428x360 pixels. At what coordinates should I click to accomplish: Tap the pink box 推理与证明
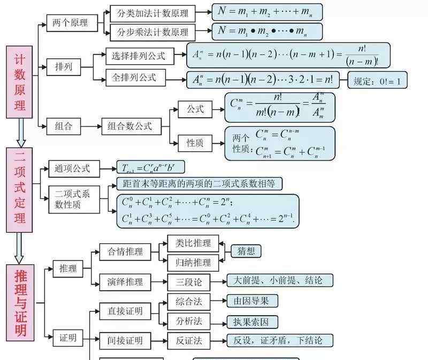pos(20,303)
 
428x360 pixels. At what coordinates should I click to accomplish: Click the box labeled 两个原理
pos(71,22)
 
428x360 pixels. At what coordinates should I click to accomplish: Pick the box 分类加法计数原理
pos(152,12)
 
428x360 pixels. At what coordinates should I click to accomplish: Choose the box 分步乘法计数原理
pos(152,32)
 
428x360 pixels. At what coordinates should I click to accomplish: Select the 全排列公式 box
pos(134,78)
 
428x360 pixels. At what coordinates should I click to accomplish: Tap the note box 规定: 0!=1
pos(377,81)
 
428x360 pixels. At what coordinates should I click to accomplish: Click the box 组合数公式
pos(129,126)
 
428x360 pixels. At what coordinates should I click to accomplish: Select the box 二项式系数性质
pos(72,198)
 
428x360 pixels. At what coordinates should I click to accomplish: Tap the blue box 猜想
pos(246,251)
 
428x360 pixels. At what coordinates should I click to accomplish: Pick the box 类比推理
pos(193,244)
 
